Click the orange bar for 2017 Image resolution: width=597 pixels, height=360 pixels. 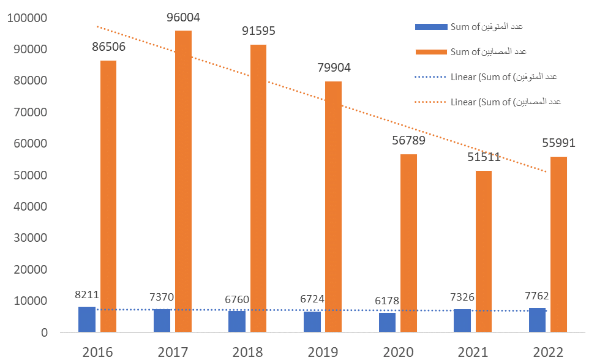(x=183, y=181)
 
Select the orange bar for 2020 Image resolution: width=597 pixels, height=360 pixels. (x=408, y=243)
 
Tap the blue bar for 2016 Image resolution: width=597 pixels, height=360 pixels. (x=87, y=320)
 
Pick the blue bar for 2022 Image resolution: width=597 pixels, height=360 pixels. (x=538, y=320)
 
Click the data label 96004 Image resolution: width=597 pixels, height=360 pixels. (x=183, y=18)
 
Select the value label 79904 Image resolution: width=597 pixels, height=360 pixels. (x=333, y=68)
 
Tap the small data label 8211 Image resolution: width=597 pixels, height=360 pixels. (x=87, y=294)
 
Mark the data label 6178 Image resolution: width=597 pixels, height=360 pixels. (x=387, y=301)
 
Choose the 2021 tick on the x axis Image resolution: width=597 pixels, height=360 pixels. (x=472, y=351)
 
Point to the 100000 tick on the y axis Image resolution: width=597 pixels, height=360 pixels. (x=26, y=18)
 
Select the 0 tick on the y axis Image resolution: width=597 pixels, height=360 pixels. (x=44, y=332)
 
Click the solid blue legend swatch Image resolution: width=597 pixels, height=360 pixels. (x=430, y=27)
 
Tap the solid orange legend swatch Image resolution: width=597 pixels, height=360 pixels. (x=430, y=52)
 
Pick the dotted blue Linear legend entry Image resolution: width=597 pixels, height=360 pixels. (x=487, y=77)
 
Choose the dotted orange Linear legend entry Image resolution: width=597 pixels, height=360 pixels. (x=487, y=102)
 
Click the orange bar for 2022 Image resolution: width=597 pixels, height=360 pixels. (x=558, y=244)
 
